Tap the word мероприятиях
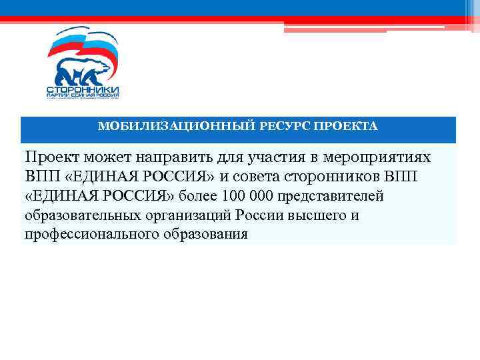pyautogui.click(x=378, y=158)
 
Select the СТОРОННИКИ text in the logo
pyautogui.click(x=83, y=89)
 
